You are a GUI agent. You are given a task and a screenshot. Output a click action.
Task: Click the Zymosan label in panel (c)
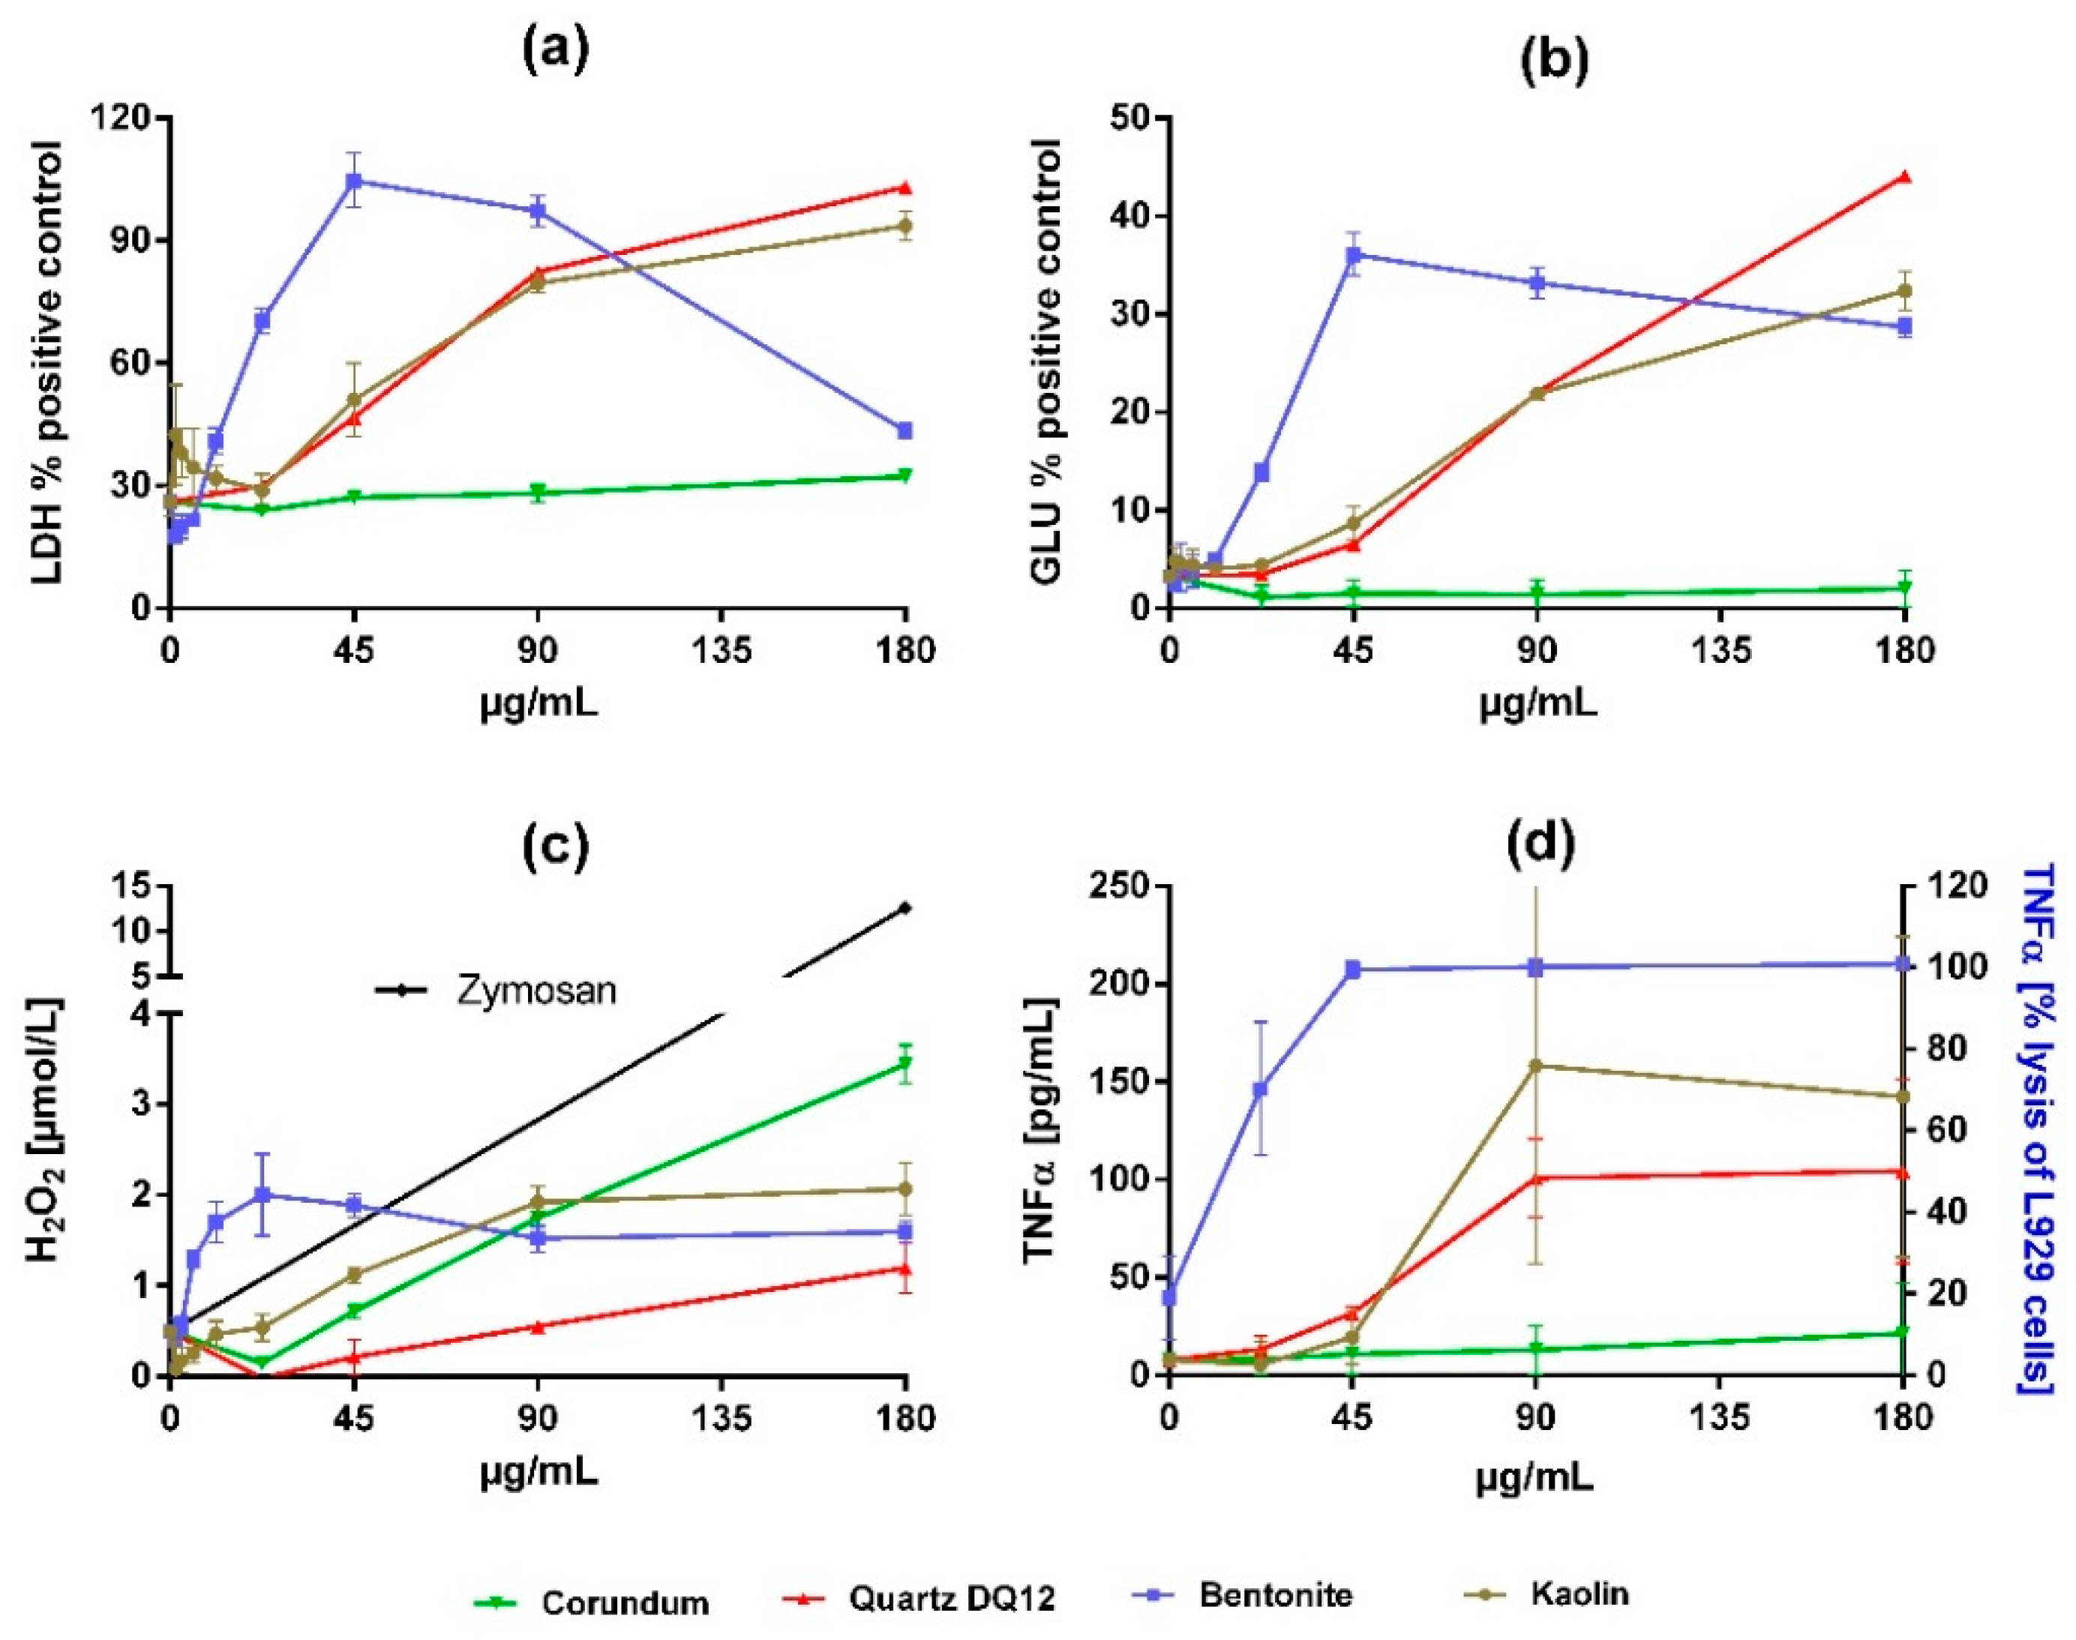click(535, 991)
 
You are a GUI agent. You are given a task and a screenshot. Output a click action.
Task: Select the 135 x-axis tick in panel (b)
click(1720, 652)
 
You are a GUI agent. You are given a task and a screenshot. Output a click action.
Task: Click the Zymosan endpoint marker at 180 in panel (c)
click(904, 907)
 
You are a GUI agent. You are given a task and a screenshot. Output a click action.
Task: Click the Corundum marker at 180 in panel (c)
click(904, 1063)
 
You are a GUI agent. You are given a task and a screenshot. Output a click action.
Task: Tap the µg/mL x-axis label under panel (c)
click(538, 1473)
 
